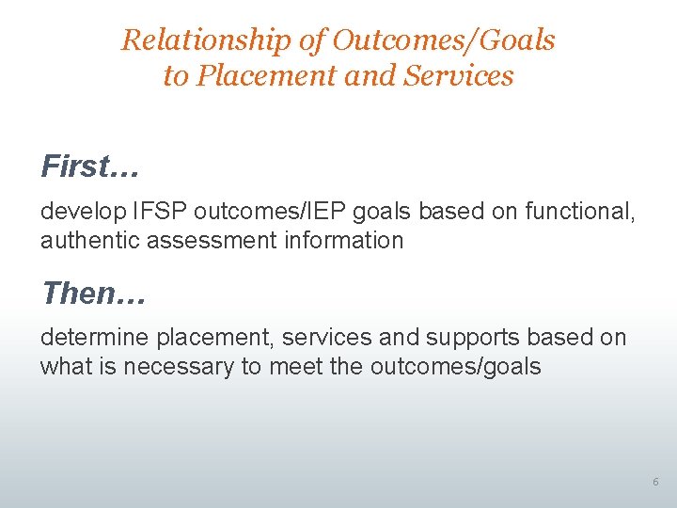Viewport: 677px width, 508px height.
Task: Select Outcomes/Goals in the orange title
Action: [x=444, y=40]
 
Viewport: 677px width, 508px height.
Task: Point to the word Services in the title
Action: [x=459, y=75]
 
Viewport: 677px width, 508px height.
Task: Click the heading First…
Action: [x=90, y=167]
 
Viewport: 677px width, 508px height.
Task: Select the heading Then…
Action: [x=93, y=294]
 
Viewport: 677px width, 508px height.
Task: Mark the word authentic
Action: [x=88, y=240]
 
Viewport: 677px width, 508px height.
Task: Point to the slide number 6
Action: [x=655, y=483]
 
